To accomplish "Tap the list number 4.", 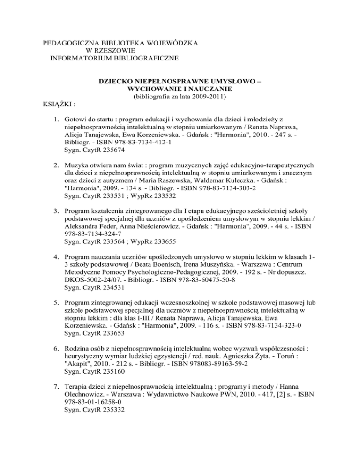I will click(x=55, y=258).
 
